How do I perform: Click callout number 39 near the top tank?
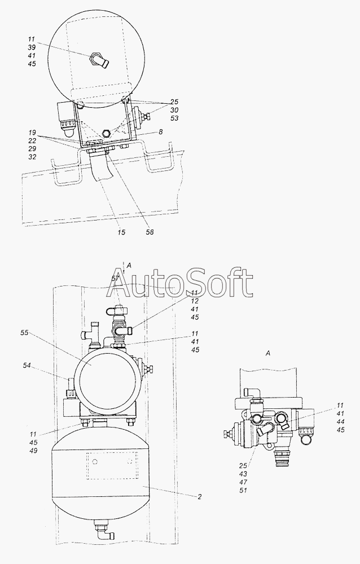coord(32,48)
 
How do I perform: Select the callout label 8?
coord(161,132)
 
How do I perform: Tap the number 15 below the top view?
coord(121,232)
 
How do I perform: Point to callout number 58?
coord(150,232)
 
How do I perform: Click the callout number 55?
coord(24,333)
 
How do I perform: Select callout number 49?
coord(33,451)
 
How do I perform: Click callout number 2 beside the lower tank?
coord(199,497)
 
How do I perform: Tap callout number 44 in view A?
coord(340,421)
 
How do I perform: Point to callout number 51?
coord(243,490)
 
